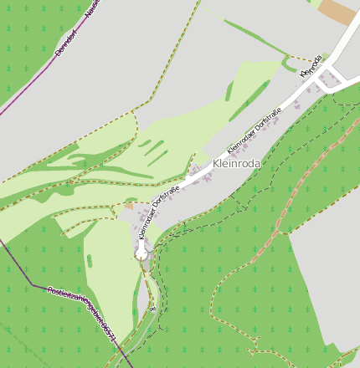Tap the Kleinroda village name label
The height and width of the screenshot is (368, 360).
coord(237,164)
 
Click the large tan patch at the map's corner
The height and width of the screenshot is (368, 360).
coord(339,11)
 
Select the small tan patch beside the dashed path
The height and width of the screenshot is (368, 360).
coord(129,205)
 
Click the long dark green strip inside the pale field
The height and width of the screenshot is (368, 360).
coord(248,101)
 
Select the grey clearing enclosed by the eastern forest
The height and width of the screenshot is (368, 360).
coord(327,276)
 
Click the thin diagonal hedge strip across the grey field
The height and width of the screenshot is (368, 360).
coord(251,33)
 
